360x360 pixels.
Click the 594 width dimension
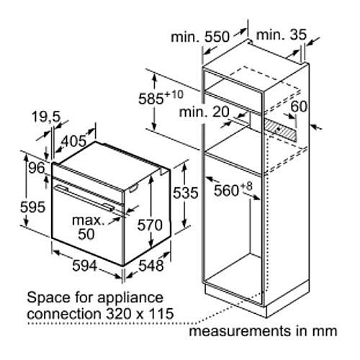click(85, 266)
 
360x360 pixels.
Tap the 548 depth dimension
click(151, 266)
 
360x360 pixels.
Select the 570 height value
click(150, 225)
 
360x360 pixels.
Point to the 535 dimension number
click(186, 192)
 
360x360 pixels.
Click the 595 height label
click(32, 207)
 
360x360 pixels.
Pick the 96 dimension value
click(37, 168)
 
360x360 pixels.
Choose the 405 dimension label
click(73, 141)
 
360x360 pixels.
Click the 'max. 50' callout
click(89, 228)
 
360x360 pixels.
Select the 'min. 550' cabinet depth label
click(200, 37)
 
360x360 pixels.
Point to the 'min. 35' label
click(282, 35)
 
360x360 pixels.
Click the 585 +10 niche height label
click(161, 97)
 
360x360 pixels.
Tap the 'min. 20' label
click(204, 112)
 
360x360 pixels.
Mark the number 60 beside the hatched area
click(299, 107)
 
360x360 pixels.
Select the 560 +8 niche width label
click(233, 189)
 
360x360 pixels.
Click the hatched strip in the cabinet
click(280, 130)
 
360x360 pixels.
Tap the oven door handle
click(84, 197)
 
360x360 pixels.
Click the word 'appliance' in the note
click(130, 298)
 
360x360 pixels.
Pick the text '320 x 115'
click(140, 313)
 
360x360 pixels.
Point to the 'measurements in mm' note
click(263, 331)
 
